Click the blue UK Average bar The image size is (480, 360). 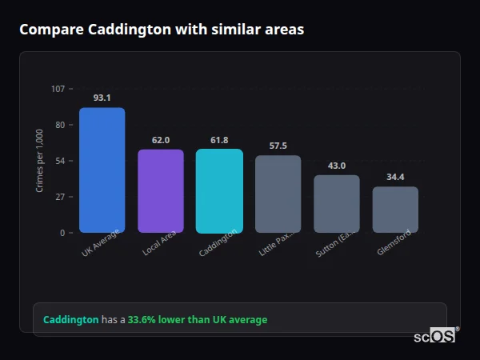pos(102,170)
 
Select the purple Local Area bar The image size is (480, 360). pos(161,191)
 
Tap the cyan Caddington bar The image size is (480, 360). pos(219,191)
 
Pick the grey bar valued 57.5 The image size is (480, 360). pos(278,194)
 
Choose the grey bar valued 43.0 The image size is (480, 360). pos(336,204)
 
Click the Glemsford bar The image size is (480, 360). pos(395,210)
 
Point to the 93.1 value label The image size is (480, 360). pos(102,98)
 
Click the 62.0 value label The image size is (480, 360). pos(161,140)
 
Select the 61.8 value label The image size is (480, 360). pos(219,140)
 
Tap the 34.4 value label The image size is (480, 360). pos(395,177)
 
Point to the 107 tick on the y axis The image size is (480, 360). pos(58,89)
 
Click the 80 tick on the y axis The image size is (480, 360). pos(60,125)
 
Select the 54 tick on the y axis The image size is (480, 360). pos(60,161)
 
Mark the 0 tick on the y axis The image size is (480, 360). pos(62,233)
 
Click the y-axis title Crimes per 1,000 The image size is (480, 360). pos(40,161)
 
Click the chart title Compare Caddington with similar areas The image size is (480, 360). pos(162,30)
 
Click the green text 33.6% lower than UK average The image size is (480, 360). pos(198,320)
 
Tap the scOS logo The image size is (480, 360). pos(435,336)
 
